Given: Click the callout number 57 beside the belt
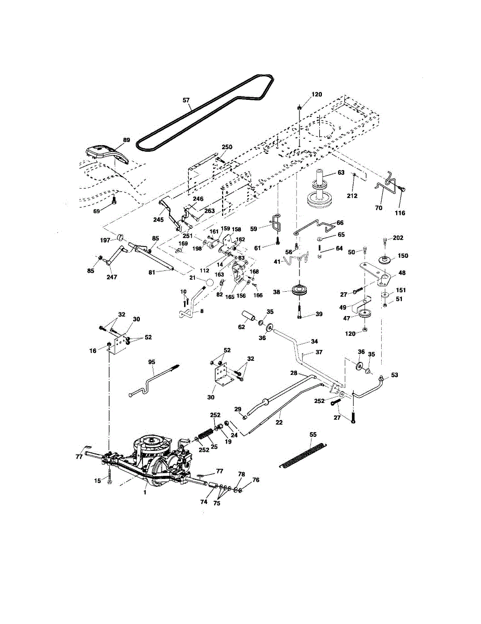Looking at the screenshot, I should click(187, 100).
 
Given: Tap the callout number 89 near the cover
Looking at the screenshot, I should click(126, 140).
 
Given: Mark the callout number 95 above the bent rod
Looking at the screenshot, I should click(152, 362).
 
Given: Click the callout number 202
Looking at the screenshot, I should click(398, 238).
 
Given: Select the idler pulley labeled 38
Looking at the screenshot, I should click(300, 291).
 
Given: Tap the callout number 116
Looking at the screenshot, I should click(400, 213).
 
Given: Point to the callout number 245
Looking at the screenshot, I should click(158, 219).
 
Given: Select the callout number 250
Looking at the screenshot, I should click(227, 147).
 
